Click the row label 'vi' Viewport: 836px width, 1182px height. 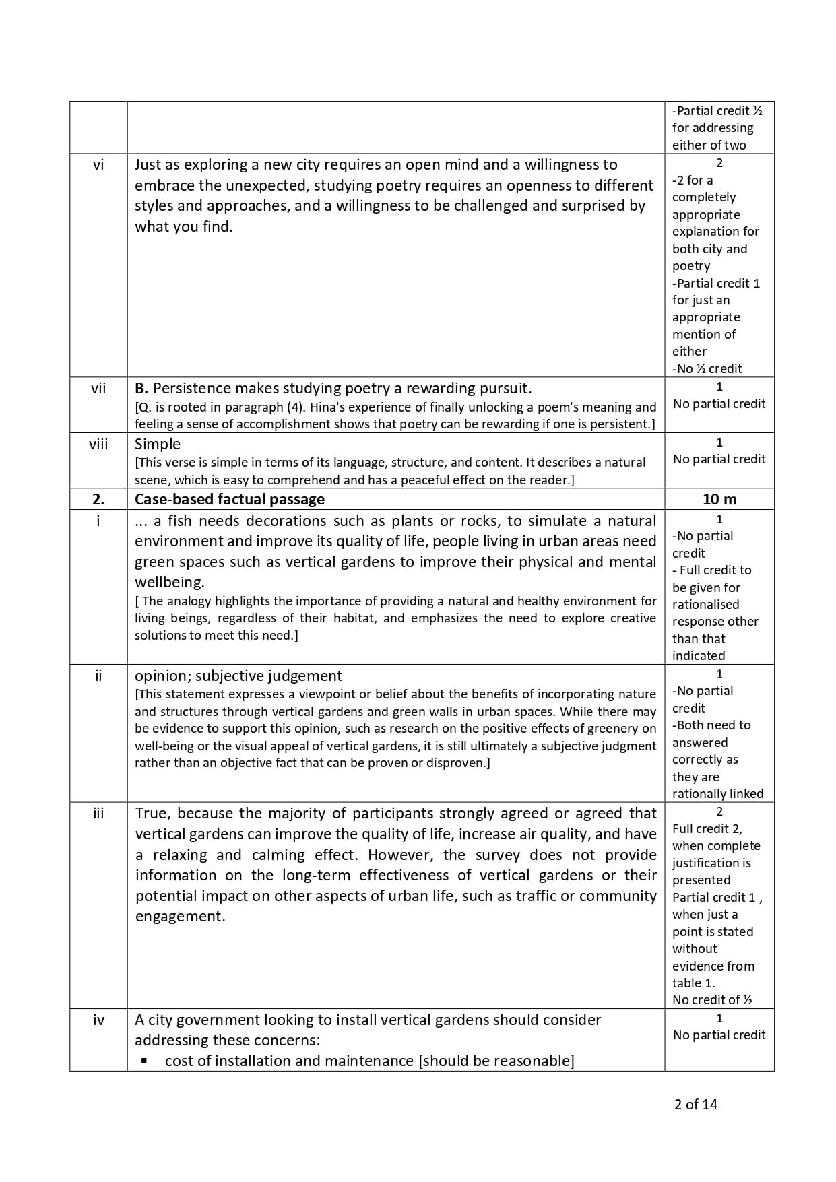[98, 164]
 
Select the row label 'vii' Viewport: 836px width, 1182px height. [98, 388]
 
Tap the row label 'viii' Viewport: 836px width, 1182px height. [98, 444]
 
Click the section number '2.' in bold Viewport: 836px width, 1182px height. [98, 499]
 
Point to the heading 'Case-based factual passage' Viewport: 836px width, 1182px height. [230, 499]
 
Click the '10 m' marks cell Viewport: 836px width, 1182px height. [719, 499]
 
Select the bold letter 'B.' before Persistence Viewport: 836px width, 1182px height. [141, 388]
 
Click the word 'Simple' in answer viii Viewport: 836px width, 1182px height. [158, 444]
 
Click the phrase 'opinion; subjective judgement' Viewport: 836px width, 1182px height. [238, 676]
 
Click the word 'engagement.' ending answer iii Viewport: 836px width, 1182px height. [181, 916]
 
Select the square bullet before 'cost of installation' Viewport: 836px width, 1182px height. [144, 1061]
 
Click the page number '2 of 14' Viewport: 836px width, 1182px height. [696, 1104]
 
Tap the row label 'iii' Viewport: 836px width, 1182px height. [98, 813]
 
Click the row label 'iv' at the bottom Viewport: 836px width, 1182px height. [98, 1020]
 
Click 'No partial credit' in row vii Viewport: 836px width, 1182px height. [719, 403]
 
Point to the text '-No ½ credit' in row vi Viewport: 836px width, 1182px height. [707, 368]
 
